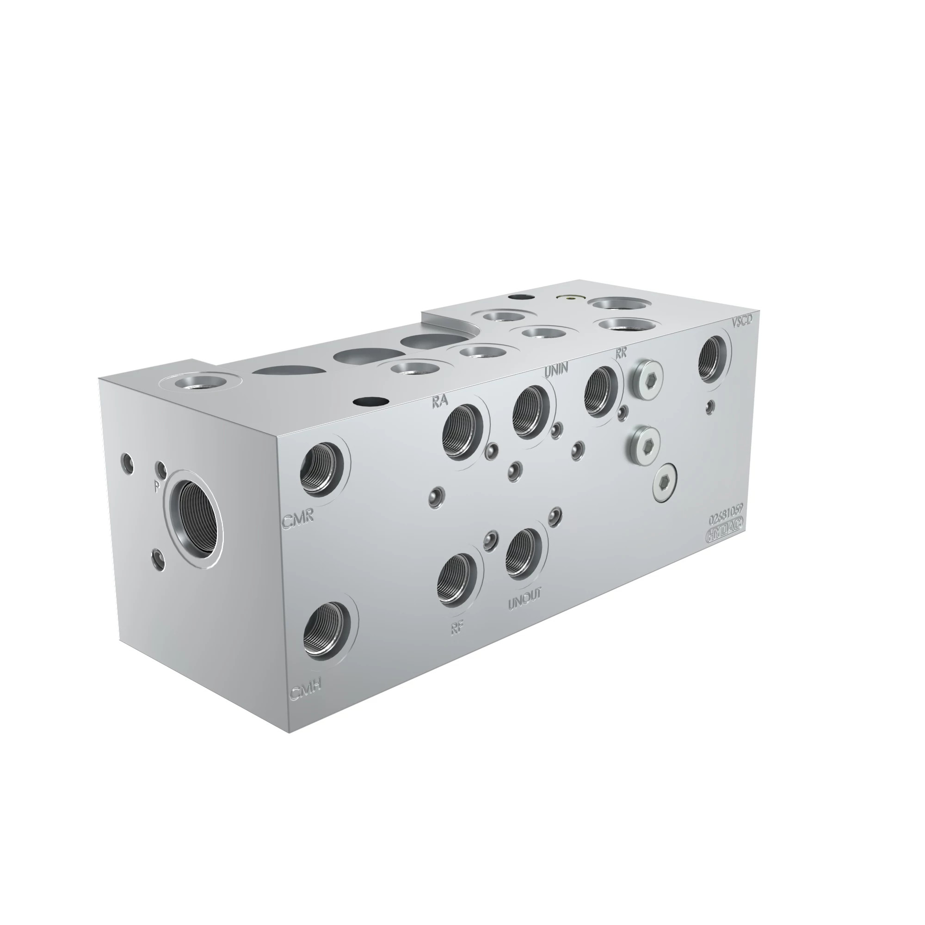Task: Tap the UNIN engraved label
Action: click(x=556, y=368)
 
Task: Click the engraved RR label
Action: click(x=621, y=353)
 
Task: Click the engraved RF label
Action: click(x=457, y=628)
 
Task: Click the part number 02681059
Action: click(x=726, y=519)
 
